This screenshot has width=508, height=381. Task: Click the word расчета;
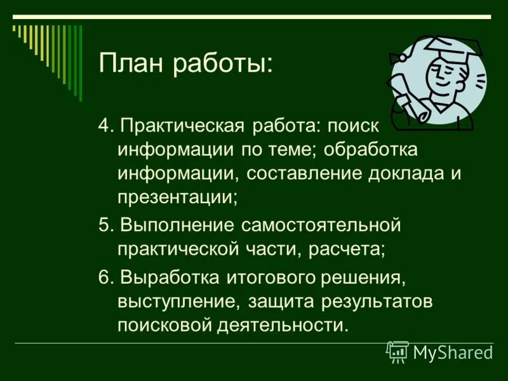347,248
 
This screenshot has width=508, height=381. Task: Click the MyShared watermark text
453,352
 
